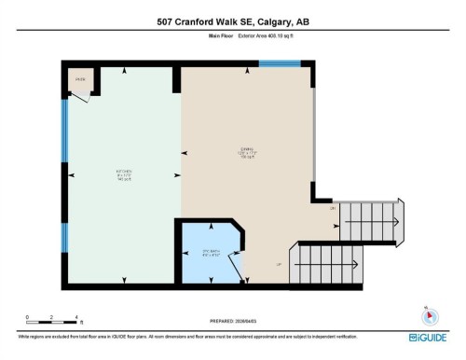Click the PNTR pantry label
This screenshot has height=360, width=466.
point(80,80)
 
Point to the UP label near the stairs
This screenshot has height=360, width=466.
point(278,265)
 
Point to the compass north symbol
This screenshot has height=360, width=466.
point(427,314)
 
